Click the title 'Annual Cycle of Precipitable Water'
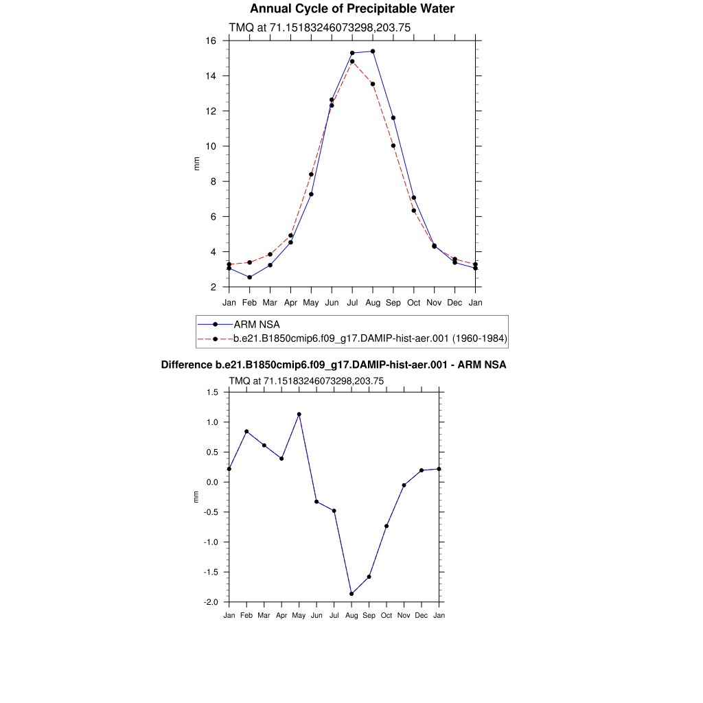point(351,9)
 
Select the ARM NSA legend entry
point(257,324)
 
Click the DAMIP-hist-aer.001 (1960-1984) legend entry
point(370,338)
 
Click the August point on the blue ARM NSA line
point(373,51)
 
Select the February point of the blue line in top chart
point(250,277)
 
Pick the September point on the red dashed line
point(393,146)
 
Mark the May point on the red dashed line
point(311,174)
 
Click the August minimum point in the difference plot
point(351,594)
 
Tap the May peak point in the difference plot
point(299,415)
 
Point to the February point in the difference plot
point(246,432)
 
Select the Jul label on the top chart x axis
point(352,302)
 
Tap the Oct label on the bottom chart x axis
point(387,616)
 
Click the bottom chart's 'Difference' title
point(334,365)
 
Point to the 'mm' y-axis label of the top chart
point(196,163)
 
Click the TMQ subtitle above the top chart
point(320,27)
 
